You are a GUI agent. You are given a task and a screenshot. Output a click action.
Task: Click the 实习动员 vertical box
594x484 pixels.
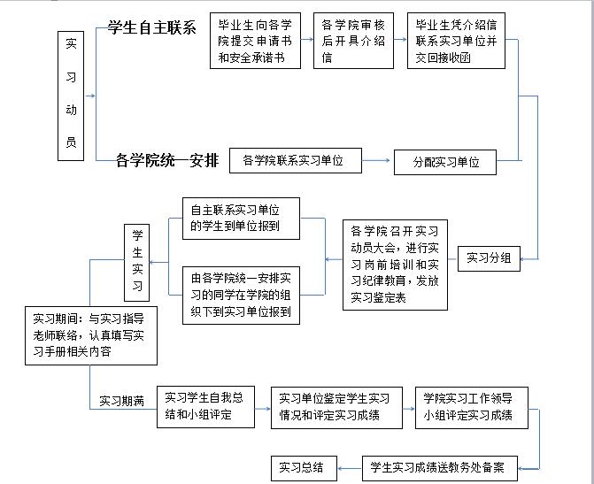71,96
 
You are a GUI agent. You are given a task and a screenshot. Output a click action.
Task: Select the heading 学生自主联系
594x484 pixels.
151,27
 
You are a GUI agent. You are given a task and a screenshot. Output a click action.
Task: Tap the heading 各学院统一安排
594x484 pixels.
166,160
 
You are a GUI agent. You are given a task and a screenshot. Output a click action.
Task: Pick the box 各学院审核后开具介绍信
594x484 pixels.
352,41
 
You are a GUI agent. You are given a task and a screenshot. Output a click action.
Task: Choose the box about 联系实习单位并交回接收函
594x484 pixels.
455,41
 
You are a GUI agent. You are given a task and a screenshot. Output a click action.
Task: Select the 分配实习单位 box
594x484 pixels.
445,162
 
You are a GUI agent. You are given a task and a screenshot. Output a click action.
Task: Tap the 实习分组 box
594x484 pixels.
489,258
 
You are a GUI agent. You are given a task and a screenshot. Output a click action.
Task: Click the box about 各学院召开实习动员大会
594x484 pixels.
396,263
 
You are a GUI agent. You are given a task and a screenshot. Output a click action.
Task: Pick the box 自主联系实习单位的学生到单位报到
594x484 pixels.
241,219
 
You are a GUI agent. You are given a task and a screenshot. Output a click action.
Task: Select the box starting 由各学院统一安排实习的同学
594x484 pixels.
241,295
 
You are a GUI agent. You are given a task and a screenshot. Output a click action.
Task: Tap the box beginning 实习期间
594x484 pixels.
91,335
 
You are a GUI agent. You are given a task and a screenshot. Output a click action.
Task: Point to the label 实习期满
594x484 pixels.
122,400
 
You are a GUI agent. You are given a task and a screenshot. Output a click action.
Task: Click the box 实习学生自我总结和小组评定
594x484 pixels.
206,406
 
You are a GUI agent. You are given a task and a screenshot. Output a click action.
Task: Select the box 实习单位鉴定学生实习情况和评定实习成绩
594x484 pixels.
334,406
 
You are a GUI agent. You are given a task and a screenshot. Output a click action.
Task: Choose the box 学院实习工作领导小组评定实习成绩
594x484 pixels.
472,406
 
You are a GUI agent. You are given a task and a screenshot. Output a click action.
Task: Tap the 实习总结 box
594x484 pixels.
301,467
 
